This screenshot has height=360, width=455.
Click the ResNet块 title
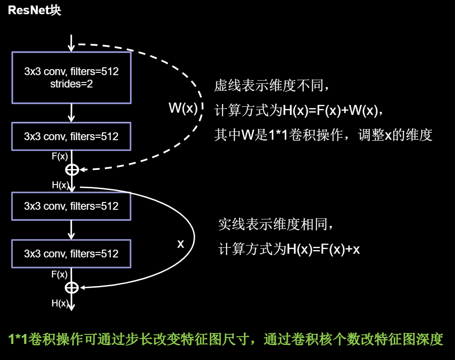click(x=34, y=11)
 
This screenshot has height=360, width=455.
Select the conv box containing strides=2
click(x=71, y=77)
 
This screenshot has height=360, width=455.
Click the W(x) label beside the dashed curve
click(x=183, y=109)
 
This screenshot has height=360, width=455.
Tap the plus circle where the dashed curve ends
click(x=71, y=170)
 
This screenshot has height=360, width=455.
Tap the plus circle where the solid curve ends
click(x=71, y=288)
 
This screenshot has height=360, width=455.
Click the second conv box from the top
click(x=71, y=136)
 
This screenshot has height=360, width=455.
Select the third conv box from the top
click(x=71, y=206)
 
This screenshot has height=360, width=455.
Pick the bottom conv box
click(x=71, y=254)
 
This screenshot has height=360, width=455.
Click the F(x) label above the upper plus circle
click(x=60, y=156)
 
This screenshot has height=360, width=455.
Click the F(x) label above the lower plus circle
click(x=60, y=274)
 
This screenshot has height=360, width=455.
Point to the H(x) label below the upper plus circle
click(x=60, y=185)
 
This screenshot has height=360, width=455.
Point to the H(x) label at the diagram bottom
click(x=60, y=303)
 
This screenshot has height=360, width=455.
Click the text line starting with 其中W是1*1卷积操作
click(x=323, y=136)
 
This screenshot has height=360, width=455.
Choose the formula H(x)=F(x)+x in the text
click(x=323, y=250)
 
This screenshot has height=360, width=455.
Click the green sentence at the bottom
click(x=226, y=339)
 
